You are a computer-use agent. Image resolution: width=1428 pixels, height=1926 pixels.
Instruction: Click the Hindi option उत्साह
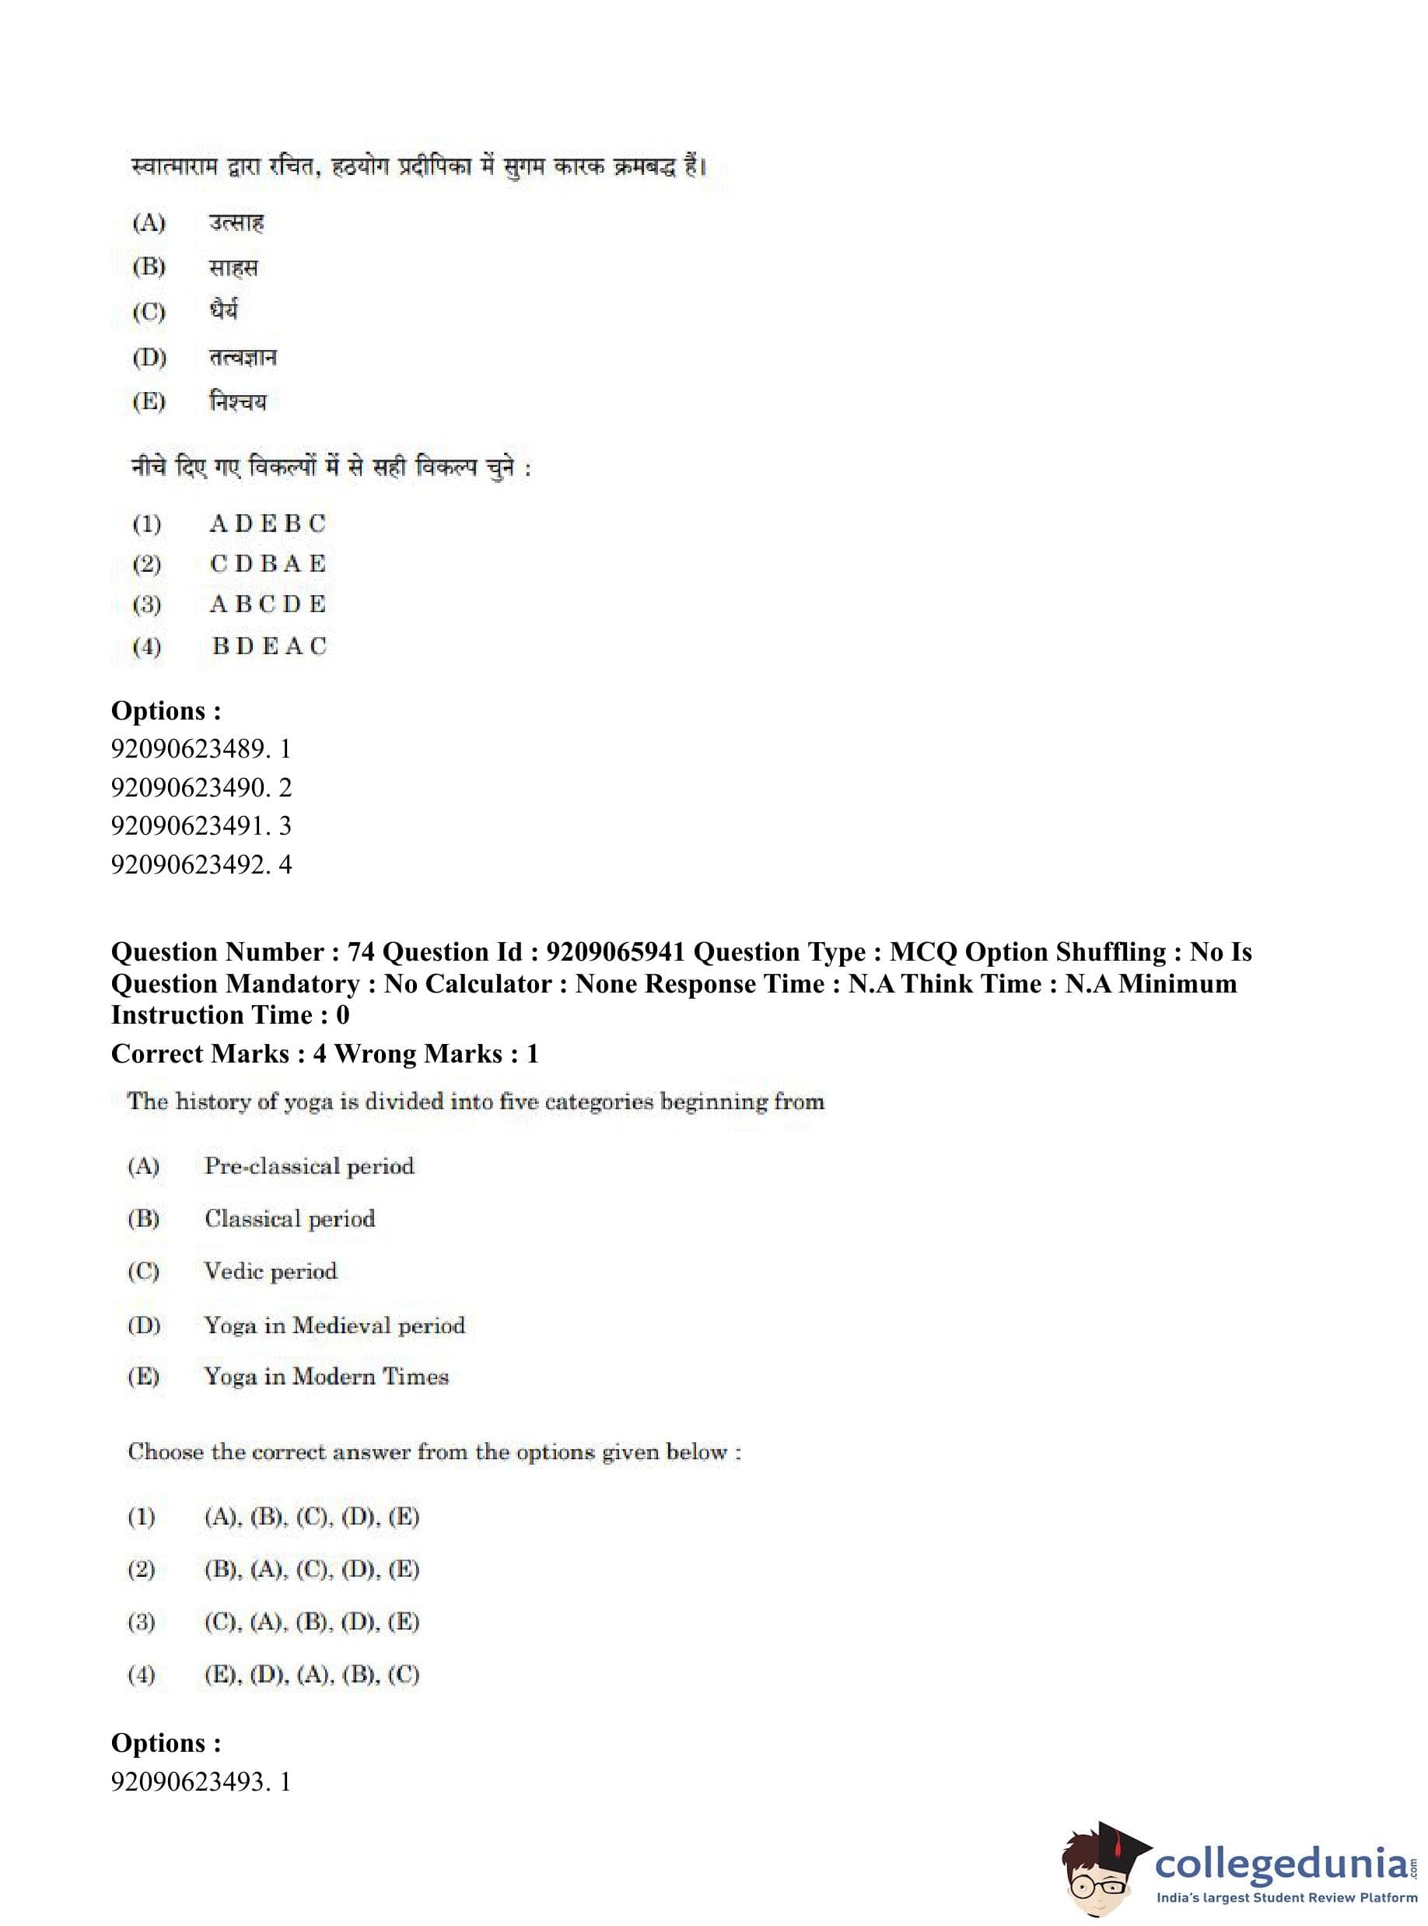coord(236,223)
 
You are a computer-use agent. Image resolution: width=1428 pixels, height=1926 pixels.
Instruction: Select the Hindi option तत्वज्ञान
coord(242,357)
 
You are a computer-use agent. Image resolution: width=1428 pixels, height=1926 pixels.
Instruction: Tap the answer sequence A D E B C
coord(267,524)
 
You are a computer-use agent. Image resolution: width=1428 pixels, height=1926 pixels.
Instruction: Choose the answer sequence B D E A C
coord(269,646)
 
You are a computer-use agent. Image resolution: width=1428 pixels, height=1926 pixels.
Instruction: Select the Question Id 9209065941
coord(615,952)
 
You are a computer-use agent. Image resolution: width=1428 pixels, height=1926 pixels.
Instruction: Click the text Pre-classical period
coord(309,1166)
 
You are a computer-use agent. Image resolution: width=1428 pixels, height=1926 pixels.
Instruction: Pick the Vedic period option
coord(270,1271)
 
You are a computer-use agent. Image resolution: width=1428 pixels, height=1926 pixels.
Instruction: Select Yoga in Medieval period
coord(334,1325)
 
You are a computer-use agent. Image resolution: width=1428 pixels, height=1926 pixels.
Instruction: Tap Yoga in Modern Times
coord(326,1376)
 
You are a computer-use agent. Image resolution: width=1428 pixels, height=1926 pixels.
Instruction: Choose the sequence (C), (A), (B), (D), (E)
coord(311,1622)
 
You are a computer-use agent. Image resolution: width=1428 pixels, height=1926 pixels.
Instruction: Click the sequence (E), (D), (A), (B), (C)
coord(311,1675)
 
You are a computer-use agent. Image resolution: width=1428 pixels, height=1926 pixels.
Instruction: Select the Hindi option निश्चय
coord(238,402)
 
